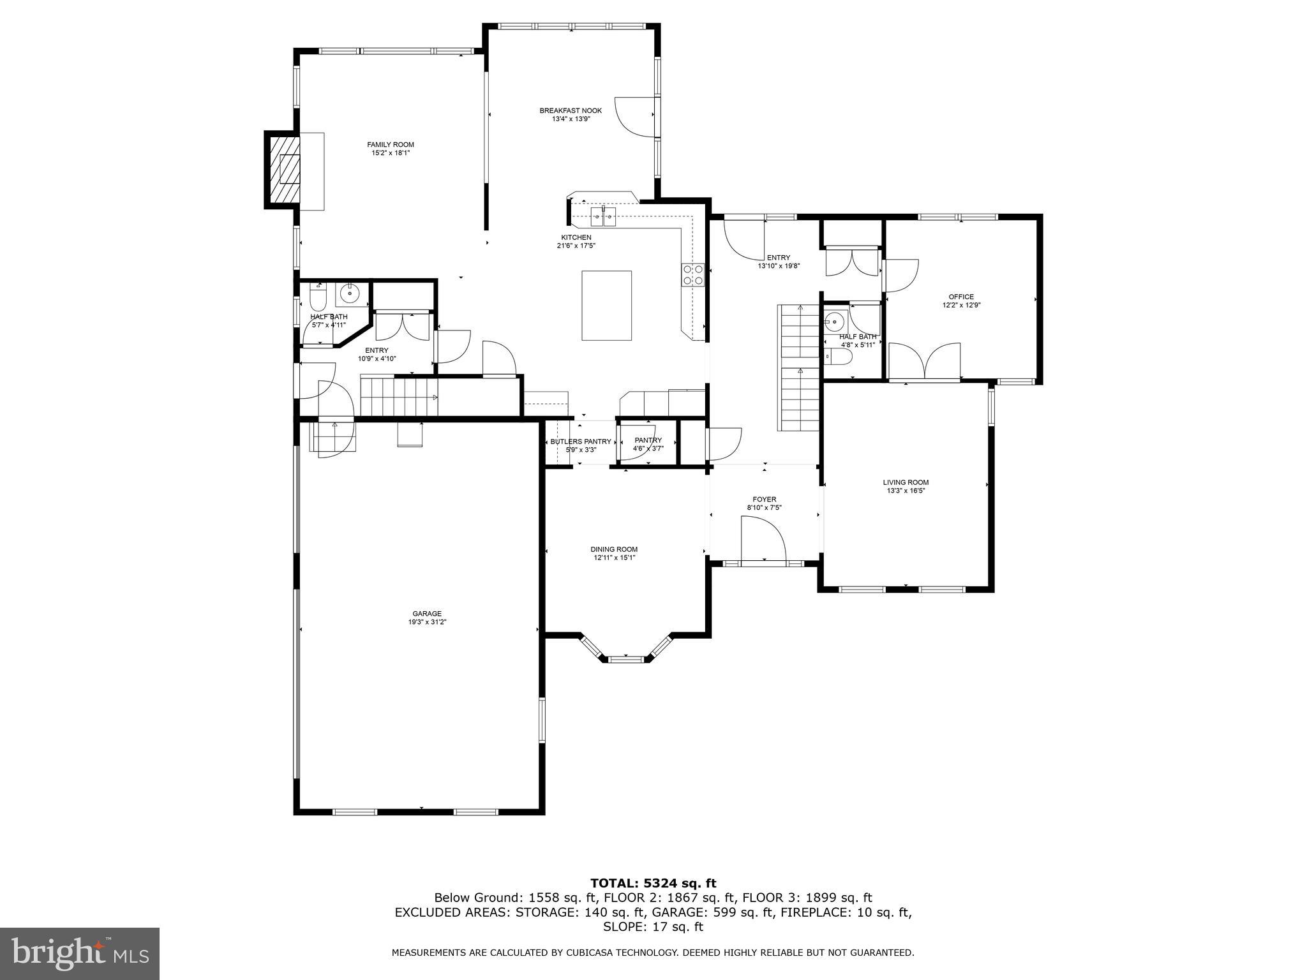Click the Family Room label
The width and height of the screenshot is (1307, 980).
click(390, 145)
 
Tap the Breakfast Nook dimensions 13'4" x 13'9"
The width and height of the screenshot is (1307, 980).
click(571, 119)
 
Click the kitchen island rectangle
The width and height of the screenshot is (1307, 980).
click(606, 306)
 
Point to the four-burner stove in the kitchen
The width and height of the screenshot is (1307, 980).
click(693, 274)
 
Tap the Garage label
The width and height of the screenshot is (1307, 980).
click(427, 614)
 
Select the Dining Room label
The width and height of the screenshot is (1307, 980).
click(614, 549)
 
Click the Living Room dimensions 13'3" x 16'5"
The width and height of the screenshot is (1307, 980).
click(906, 491)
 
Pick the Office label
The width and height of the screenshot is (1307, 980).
click(961, 297)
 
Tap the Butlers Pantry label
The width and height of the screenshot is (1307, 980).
click(581, 442)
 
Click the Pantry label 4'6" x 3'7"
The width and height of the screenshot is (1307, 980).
click(648, 449)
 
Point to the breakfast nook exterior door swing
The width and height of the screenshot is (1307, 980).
click(635, 117)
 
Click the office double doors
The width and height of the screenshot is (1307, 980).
click(925, 361)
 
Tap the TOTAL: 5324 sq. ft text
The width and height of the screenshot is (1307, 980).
click(653, 883)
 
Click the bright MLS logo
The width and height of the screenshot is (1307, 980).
click(80, 953)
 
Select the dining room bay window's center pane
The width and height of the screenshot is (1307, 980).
click(625, 658)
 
